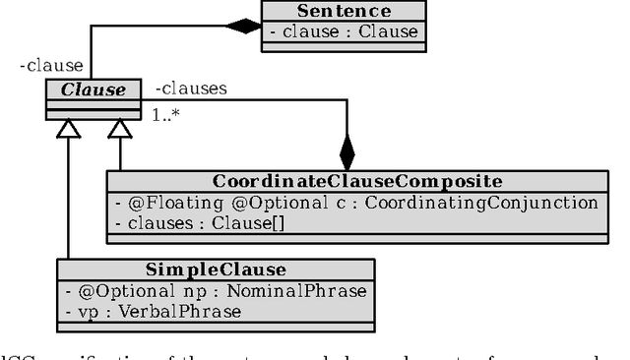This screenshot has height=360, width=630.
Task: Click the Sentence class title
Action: coord(345,11)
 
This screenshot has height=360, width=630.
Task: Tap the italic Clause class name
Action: coord(95,90)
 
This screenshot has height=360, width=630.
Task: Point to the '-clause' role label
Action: coord(51,67)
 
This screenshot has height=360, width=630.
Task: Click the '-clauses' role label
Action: coord(191,89)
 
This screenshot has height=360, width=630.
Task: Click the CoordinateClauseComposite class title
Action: coord(357,181)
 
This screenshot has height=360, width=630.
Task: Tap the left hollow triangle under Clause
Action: coord(67,130)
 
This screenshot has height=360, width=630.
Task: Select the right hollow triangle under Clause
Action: coord(120,130)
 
